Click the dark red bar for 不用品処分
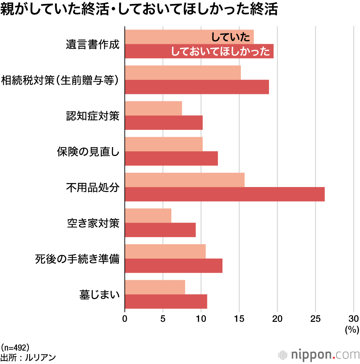pos(225,194)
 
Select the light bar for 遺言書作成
pos(169,37)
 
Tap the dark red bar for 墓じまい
pos(166,301)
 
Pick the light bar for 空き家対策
pos(148,215)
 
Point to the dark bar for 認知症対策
pos(164,123)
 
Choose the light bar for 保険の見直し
pos(164,144)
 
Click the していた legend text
pos(231,37)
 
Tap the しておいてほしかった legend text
pos(221,51)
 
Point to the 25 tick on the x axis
pos(315,318)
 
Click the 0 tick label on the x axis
pos(125,318)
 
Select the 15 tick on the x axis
pos(239,318)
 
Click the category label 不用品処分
pos(93,187)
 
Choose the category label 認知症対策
pos(93,116)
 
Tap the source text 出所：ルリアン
pos(28,358)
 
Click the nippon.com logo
pos(319,354)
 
